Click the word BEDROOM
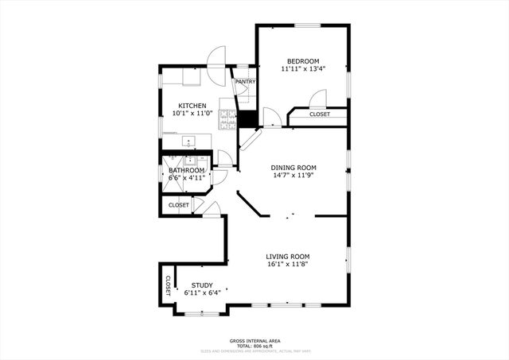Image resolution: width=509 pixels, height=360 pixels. pos(303,61)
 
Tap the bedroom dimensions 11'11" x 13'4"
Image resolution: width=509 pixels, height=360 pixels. pos(303,69)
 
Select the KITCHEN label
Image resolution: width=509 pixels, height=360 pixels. pos(192,106)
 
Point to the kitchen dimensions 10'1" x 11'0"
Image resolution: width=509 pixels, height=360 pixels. pos(192,114)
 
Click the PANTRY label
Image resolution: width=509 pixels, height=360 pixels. pos(245,81)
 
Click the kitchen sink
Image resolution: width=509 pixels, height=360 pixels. pos(189,142)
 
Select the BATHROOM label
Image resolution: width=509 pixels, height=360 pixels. pos(187,170)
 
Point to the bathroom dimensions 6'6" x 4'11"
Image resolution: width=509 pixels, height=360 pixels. pos(187,178)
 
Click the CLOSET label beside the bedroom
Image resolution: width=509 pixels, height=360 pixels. pos(319,114)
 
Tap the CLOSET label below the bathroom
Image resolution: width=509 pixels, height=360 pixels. pos(179,205)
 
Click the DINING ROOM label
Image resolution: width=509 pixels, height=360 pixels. pos(293,168)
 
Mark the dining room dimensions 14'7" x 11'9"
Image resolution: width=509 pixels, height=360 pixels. pos(293,176)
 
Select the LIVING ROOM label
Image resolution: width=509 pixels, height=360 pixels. pos(288,256)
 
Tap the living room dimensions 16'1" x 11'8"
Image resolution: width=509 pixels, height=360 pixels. pos(288,264)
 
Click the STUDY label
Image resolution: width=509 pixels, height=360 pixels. pos(202,285)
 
